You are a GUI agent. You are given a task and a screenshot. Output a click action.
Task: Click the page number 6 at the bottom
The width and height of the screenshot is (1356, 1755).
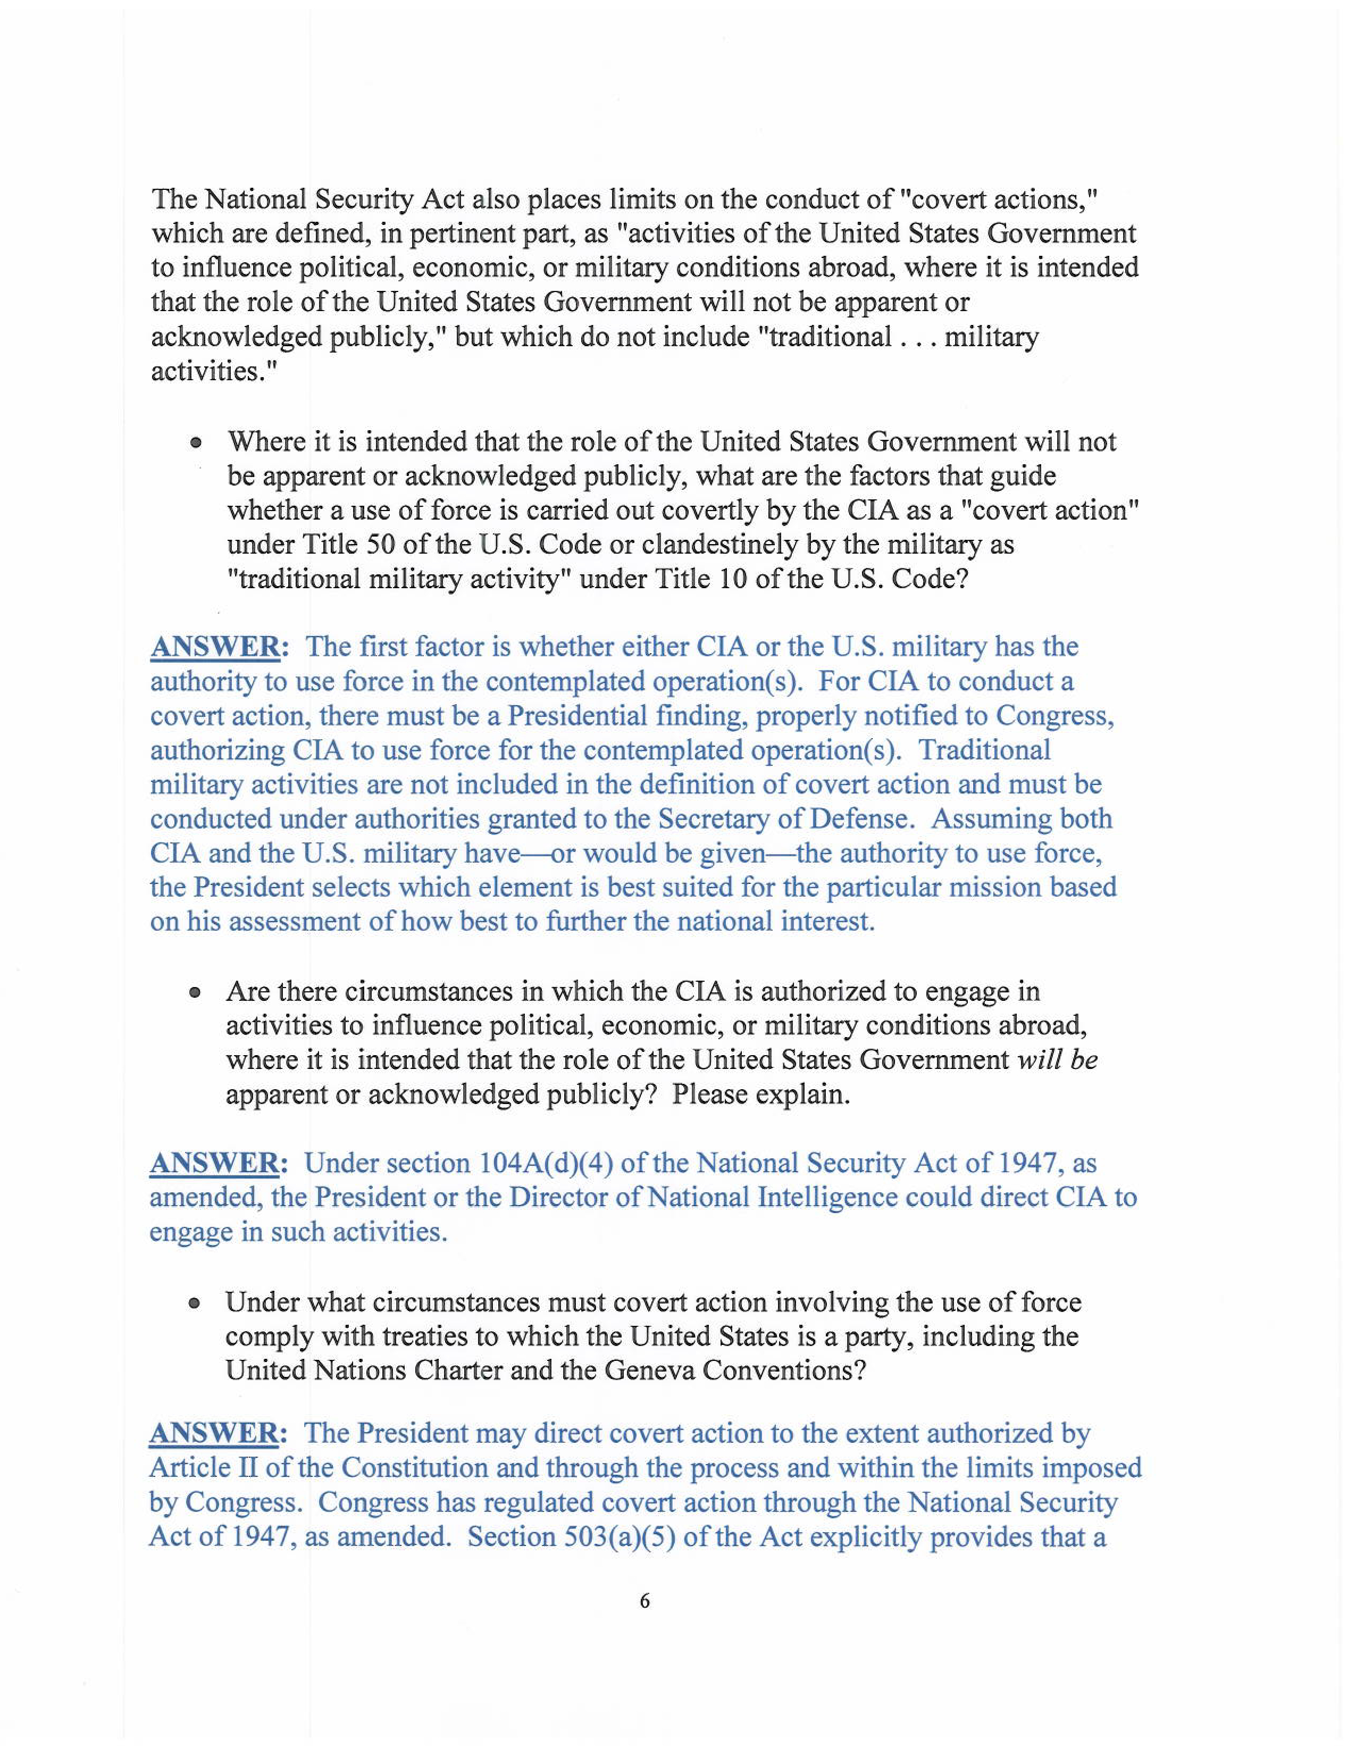[644, 1601]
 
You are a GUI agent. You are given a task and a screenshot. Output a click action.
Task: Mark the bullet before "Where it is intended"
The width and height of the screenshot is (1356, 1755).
[195, 443]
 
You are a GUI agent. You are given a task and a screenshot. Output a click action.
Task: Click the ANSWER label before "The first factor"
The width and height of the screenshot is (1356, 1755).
[214, 647]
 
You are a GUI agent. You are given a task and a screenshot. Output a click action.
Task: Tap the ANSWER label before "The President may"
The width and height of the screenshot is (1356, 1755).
[214, 1434]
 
